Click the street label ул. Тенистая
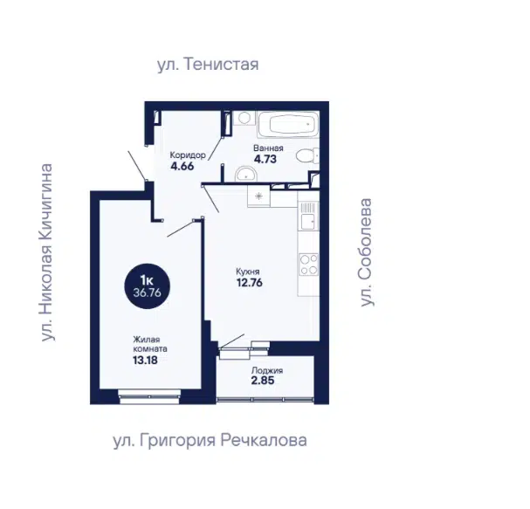point(208,65)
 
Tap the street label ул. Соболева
point(366,252)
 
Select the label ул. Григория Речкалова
point(210,440)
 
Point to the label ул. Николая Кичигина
point(46,252)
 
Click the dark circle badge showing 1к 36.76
point(147,286)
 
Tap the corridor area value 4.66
point(182,166)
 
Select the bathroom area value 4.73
point(265,159)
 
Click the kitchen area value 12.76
point(250,283)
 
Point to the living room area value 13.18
point(145,360)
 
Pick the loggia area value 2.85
point(263,381)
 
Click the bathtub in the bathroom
point(289,124)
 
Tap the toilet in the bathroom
point(307,155)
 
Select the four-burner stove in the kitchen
point(309,265)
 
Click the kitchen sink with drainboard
point(308,216)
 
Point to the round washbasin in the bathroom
point(246,174)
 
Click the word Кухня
point(248,272)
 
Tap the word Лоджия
point(267,370)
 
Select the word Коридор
point(188,155)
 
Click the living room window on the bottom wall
point(150,396)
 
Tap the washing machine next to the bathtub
point(244,118)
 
